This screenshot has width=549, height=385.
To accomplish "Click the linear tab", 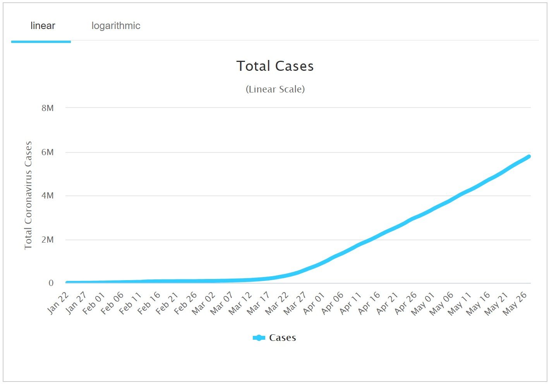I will [x=43, y=26].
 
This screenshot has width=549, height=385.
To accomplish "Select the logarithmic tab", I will [x=116, y=26].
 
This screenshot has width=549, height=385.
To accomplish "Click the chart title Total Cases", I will [x=275, y=66].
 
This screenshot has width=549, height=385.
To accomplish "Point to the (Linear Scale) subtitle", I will [x=275, y=89].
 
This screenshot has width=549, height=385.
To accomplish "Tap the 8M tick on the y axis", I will [x=48, y=108].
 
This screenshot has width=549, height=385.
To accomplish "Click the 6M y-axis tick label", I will [x=48, y=152].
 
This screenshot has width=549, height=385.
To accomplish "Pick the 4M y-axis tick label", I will [x=48, y=196].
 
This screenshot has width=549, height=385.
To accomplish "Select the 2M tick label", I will [x=48, y=240].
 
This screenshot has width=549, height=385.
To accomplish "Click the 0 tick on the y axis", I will [x=51, y=283].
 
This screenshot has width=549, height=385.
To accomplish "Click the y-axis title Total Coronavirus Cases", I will [x=28, y=195].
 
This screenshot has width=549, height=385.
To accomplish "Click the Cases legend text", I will [x=283, y=338].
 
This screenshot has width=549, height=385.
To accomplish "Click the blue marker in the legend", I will [x=259, y=338].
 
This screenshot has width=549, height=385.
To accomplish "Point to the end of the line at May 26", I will [x=528, y=157].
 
